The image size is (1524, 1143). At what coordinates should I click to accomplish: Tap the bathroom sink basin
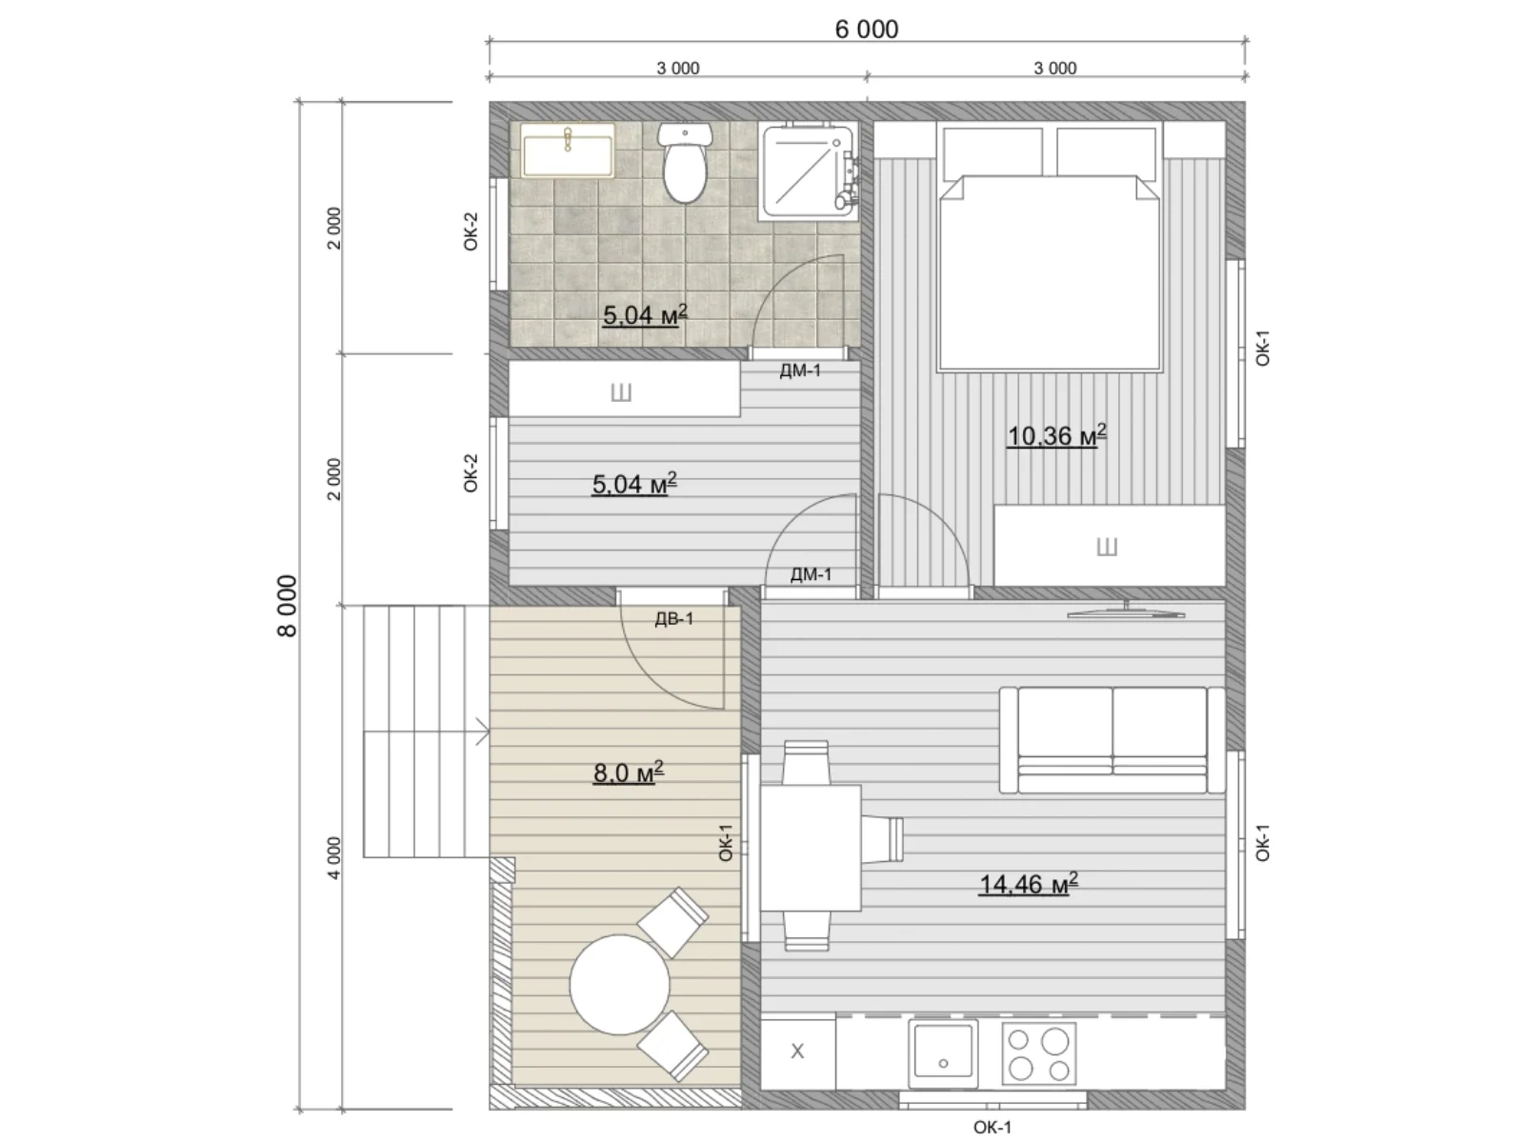click(568, 150)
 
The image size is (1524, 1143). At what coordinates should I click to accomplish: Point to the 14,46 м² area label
click(1029, 885)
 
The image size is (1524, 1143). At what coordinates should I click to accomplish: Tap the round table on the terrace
click(619, 984)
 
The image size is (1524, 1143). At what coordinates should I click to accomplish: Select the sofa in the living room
click(1113, 740)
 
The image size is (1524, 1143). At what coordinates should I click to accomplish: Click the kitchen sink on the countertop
click(943, 1052)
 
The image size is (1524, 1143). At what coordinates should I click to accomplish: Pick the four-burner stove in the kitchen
click(1038, 1053)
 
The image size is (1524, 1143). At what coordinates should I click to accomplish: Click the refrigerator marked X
click(798, 1052)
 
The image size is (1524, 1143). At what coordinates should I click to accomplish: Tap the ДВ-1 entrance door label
click(673, 618)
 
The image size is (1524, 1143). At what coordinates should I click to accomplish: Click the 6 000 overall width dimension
click(866, 30)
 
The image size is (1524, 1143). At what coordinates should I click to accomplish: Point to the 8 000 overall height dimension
click(287, 605)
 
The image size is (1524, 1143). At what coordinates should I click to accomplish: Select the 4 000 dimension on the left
click(334, 858)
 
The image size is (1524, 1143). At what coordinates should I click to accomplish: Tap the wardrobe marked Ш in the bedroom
click(1109, 546)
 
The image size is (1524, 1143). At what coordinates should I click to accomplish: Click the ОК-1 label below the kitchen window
click(993, 1128)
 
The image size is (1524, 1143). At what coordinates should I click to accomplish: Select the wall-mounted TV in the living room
click(1126, 612)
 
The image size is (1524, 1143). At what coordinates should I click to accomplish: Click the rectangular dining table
click(811, 848)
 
